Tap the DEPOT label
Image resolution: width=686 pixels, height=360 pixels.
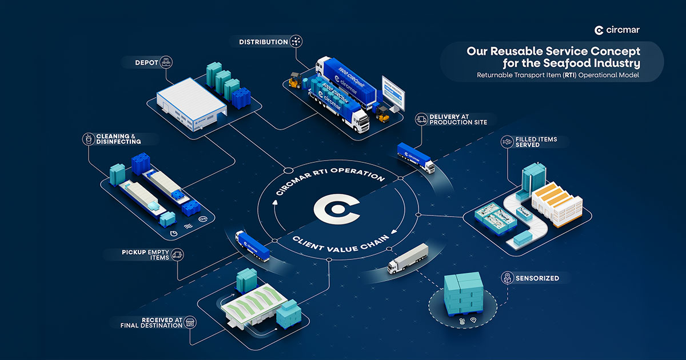click(146, 62)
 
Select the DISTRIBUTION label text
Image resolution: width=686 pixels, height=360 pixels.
click(264, 42)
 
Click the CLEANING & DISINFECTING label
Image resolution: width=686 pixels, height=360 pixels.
click(118, 138)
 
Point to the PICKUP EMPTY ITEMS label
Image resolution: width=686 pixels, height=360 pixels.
click(146, 254)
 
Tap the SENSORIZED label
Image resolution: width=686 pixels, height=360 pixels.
click(536, 278)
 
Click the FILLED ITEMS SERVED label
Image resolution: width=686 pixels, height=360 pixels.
click(536, 142)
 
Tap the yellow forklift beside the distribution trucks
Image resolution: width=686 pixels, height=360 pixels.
click(295, 80)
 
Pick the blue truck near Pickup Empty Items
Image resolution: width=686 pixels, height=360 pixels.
click(252, 246)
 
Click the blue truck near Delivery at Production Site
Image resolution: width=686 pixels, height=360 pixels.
click(416, 159)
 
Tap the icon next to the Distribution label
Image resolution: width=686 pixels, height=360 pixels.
click(296, 42)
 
